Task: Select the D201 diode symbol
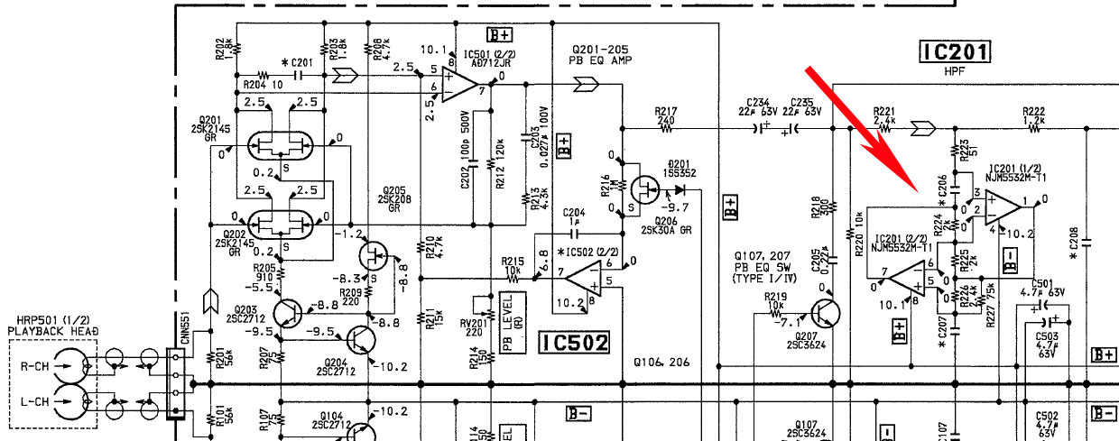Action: pos(679,190)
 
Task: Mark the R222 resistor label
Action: pos(1034,113)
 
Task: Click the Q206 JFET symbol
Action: pos(647,190)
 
